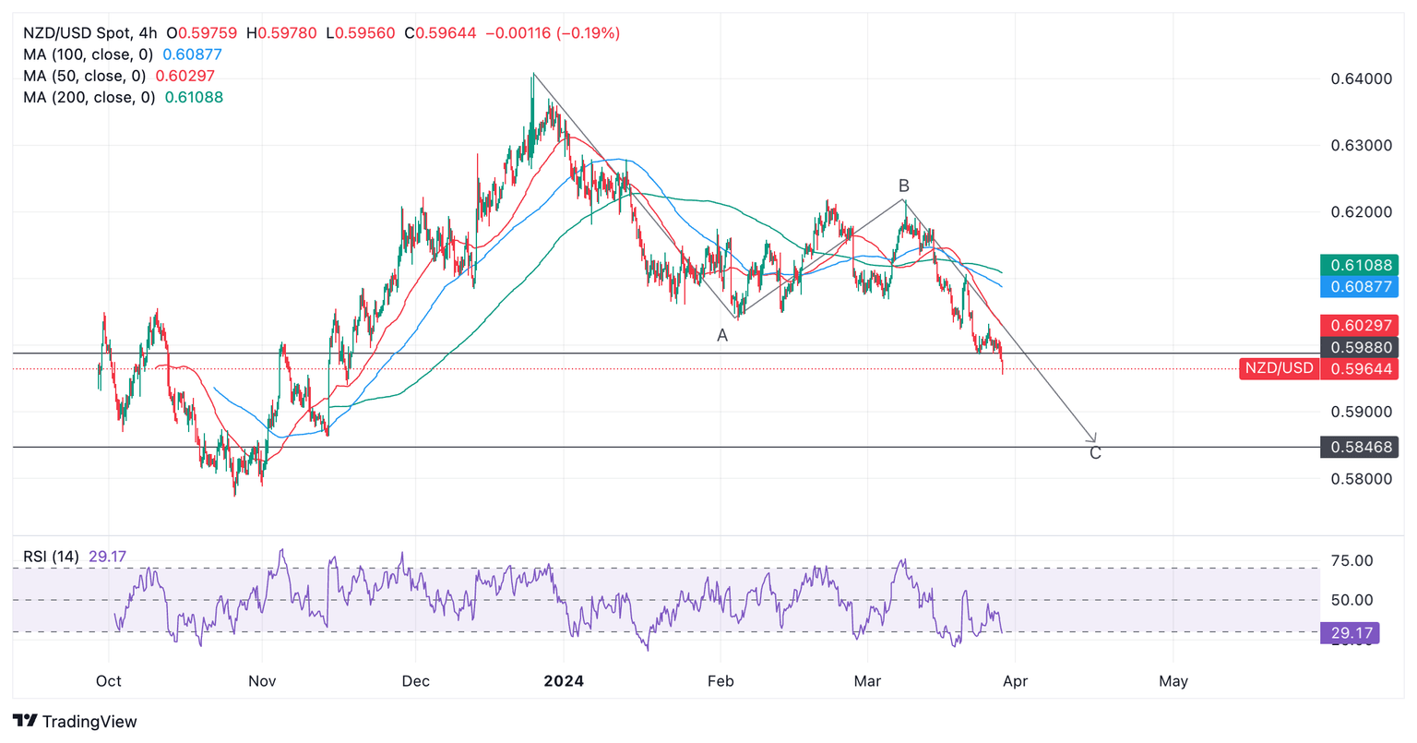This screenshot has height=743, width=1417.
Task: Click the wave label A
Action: coord(722,336)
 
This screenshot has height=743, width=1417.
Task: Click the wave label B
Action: coord(904,186)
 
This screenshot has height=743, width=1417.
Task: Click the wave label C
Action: coord(1095,453)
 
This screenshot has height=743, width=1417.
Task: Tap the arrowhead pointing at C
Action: coord(1093,438)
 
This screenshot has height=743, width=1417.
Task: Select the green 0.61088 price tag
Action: coord(1360,266)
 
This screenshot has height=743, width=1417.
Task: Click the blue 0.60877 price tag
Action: coord(1360,287)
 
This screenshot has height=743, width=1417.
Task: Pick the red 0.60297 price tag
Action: coord(1360,325)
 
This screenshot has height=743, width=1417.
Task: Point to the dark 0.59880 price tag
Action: coord(1360,347)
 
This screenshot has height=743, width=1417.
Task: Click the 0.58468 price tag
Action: coord(1360,448)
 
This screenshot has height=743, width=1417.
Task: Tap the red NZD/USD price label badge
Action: coord(1279,368)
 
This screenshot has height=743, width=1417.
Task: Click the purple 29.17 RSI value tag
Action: coord(1350,633)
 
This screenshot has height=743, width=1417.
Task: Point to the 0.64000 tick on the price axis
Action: coord(1361,79)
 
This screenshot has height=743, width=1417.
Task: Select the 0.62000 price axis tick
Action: coord(1361,212)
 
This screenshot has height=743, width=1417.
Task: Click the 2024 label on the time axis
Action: coord(563,681)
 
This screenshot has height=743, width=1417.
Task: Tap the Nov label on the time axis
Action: coord(262,681)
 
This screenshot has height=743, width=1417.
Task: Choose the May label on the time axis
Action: coord(1173,681)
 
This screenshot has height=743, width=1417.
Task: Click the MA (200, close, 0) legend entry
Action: coord(89,97)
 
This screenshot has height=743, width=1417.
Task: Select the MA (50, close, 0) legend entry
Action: coord(84,76)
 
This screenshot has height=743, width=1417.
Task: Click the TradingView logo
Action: coord(76,721)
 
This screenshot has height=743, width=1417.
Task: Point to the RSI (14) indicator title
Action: coord(51,557)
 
